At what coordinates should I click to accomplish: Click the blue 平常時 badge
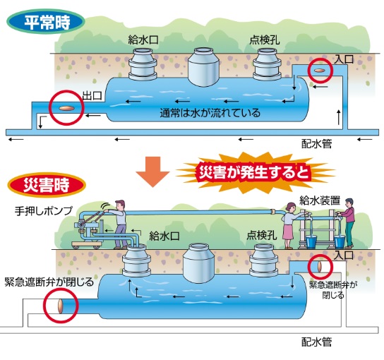click(x=46, y=22)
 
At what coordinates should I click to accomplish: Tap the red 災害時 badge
click(x=47, y=185)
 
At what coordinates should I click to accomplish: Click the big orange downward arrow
click(x=152, y=172)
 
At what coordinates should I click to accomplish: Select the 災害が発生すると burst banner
click(x=255, y=172)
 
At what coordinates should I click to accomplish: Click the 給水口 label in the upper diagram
click(x=143, y=40)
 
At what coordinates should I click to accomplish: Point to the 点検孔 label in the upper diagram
click(x=265, y=40)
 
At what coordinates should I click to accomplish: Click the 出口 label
click(x=92, y=95)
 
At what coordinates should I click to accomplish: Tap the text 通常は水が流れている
click(x=210, y=113)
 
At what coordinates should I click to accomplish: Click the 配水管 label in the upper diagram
click(x=316, y=144)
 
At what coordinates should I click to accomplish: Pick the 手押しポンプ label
click(x=44, y=211)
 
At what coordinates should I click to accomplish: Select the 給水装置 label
click(x=320, y=200)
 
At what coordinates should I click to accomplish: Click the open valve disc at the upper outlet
click(x=66, y=108)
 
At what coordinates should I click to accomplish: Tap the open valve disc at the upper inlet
click(x=320, y=71)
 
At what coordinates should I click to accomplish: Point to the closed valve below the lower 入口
click(x=320, y=267)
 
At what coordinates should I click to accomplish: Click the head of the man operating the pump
click(x=121, y=205)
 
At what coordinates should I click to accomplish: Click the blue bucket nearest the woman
click(x=311, y=242)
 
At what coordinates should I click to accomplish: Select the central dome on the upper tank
click(x=203, y=67)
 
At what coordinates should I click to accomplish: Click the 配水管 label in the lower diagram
click(x=316, y=342)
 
